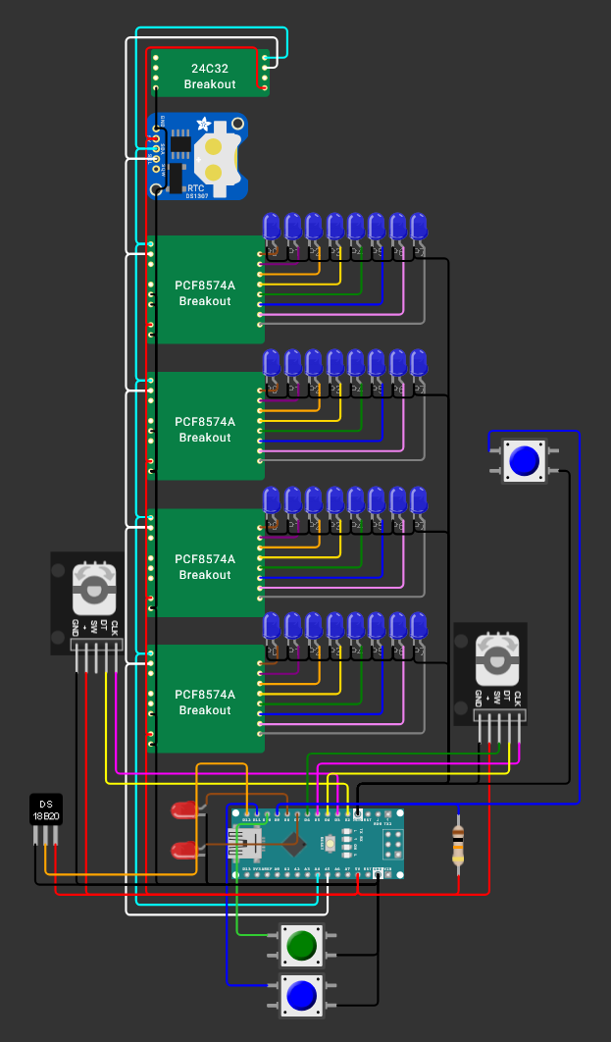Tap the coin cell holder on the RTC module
tap(218, 157)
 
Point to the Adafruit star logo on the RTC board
tap(203, 124)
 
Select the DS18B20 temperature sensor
tap(45, 809)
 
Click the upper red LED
tap(183, 810)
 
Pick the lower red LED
tap(183, 850)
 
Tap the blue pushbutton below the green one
tap(301, 996)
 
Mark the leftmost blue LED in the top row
tap(272, 228)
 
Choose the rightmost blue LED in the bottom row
tap(420, 627)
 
